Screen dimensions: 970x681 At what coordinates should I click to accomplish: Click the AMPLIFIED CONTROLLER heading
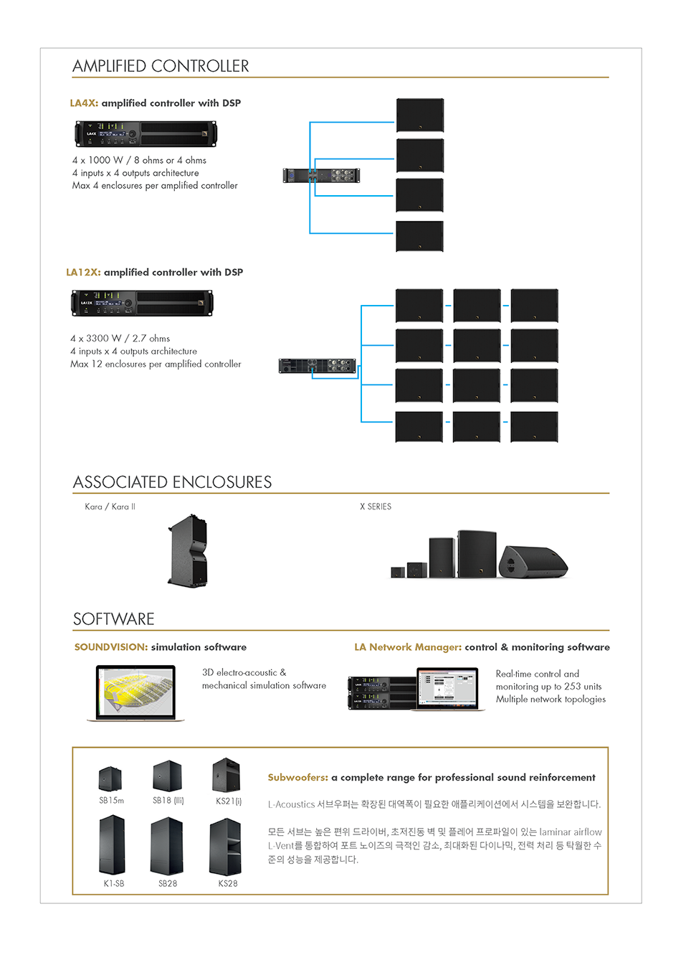click(x=161, y=66)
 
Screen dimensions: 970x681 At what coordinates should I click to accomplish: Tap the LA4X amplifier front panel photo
click(x=146, y=134)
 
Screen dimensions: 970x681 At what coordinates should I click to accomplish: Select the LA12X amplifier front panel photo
click(x=142, y=303)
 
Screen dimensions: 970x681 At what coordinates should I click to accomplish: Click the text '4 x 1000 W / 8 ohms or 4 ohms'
click(x=139, y=160)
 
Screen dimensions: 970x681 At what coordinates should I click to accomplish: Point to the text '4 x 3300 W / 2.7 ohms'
click(x=120, y=338)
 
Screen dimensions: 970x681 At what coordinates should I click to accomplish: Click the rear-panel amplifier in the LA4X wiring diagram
click(x=321, y=175)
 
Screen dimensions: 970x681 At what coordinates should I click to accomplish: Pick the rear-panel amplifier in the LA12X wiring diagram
click(x=318, y=366)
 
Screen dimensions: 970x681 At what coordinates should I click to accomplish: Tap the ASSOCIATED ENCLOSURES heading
click(x=172, y=482)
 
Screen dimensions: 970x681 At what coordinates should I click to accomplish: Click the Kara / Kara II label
click(x=110, y=507)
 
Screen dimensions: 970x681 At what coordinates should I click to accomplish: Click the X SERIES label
click(x=376, y=507)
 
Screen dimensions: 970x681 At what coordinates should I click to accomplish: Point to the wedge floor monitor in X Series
click(x=533, y=561)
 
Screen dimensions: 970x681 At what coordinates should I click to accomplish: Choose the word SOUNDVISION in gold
click(x=110, y=647)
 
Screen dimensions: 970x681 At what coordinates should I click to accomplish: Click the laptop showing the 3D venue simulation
click(x=135, y=693)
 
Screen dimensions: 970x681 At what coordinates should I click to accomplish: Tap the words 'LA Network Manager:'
click(x=408, y=647)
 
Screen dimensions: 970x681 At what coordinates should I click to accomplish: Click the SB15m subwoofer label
click(x=111, y=801)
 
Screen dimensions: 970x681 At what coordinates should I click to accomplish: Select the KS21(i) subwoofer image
click(x=226, y=776)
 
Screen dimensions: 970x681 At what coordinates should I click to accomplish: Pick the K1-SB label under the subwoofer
click(x=114, y=884)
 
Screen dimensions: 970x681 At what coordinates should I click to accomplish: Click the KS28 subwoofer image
click(x=225, y=847)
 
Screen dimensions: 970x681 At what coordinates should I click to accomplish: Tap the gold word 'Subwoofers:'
click(x=297, y=778)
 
